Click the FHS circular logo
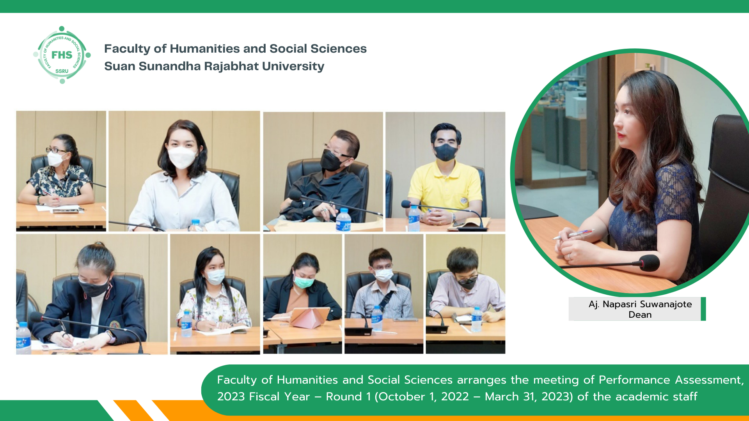[62, 55]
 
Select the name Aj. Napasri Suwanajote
[640, 304]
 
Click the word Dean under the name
[640, 315]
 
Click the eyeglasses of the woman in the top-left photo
[55, 150]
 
